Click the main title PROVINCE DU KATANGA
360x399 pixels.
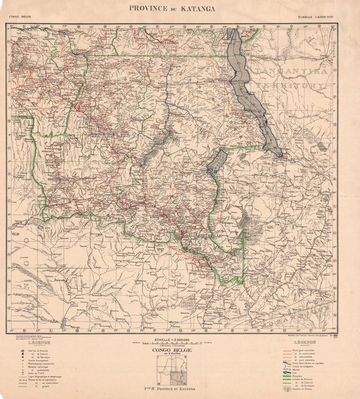(x=180, y=8)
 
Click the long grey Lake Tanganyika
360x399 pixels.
(x=251, y=92)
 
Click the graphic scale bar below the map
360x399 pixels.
(x=180, y=343)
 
